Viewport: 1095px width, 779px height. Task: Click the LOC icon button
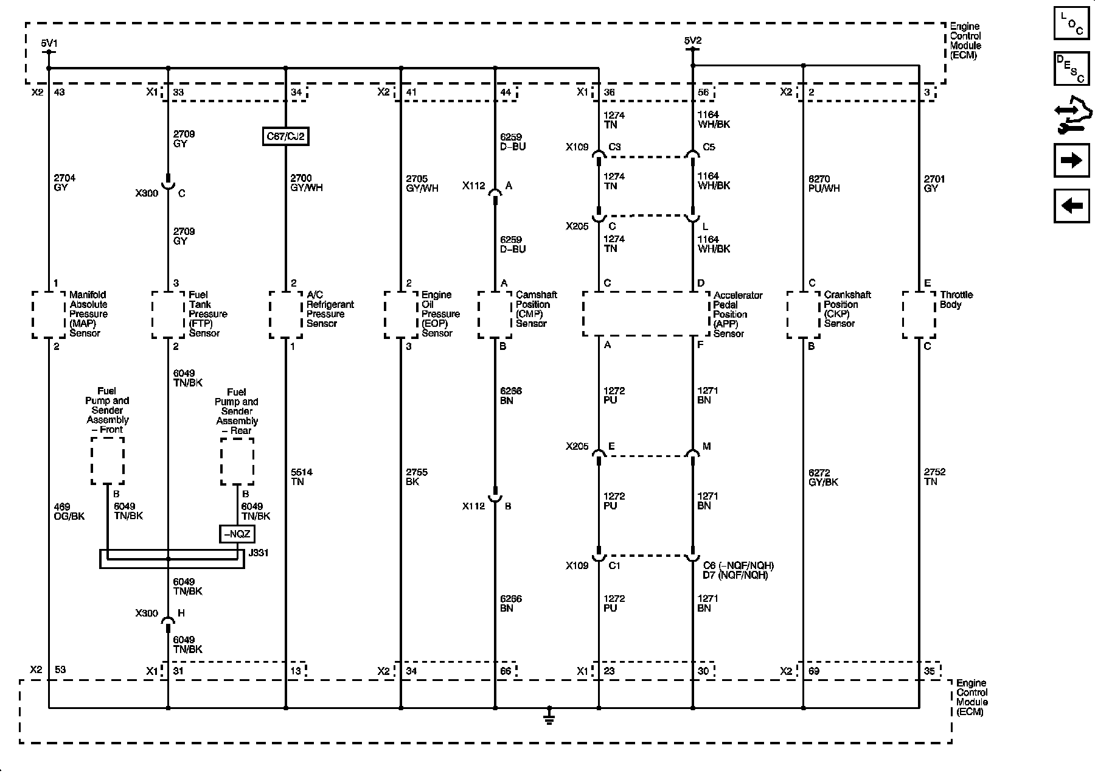(x=1072, y=24)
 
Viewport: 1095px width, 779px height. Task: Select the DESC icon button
(x=1072, y=69)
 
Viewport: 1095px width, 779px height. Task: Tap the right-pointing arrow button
(x=1072, y=160)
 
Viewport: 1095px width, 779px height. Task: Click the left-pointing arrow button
(x=1072, y=206)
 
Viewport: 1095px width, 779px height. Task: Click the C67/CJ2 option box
(x=285, y=136)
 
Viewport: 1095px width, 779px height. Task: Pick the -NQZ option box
(x=237, y=534)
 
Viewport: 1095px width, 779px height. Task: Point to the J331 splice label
(x=258, y=553)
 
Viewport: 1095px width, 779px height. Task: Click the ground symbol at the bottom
(x=549, y=718)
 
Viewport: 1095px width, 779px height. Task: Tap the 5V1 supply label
(x=49, y=43)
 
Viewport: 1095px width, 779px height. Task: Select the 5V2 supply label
(x=692, y=41)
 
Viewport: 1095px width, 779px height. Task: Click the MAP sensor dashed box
(x=49, y=315)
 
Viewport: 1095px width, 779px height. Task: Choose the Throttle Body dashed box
(x=919, y=315)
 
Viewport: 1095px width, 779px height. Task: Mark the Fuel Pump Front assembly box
(x=108, y=461)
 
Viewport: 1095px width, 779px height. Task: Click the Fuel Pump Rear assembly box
(x=237, y=461)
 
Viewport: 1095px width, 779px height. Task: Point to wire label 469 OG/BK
(x=69, y=511)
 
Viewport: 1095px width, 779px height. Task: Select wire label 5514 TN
(x=297, y=477)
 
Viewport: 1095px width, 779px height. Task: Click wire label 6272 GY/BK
(x=823, y=477)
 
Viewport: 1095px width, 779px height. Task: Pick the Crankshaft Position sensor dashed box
(x=804, y=315)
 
